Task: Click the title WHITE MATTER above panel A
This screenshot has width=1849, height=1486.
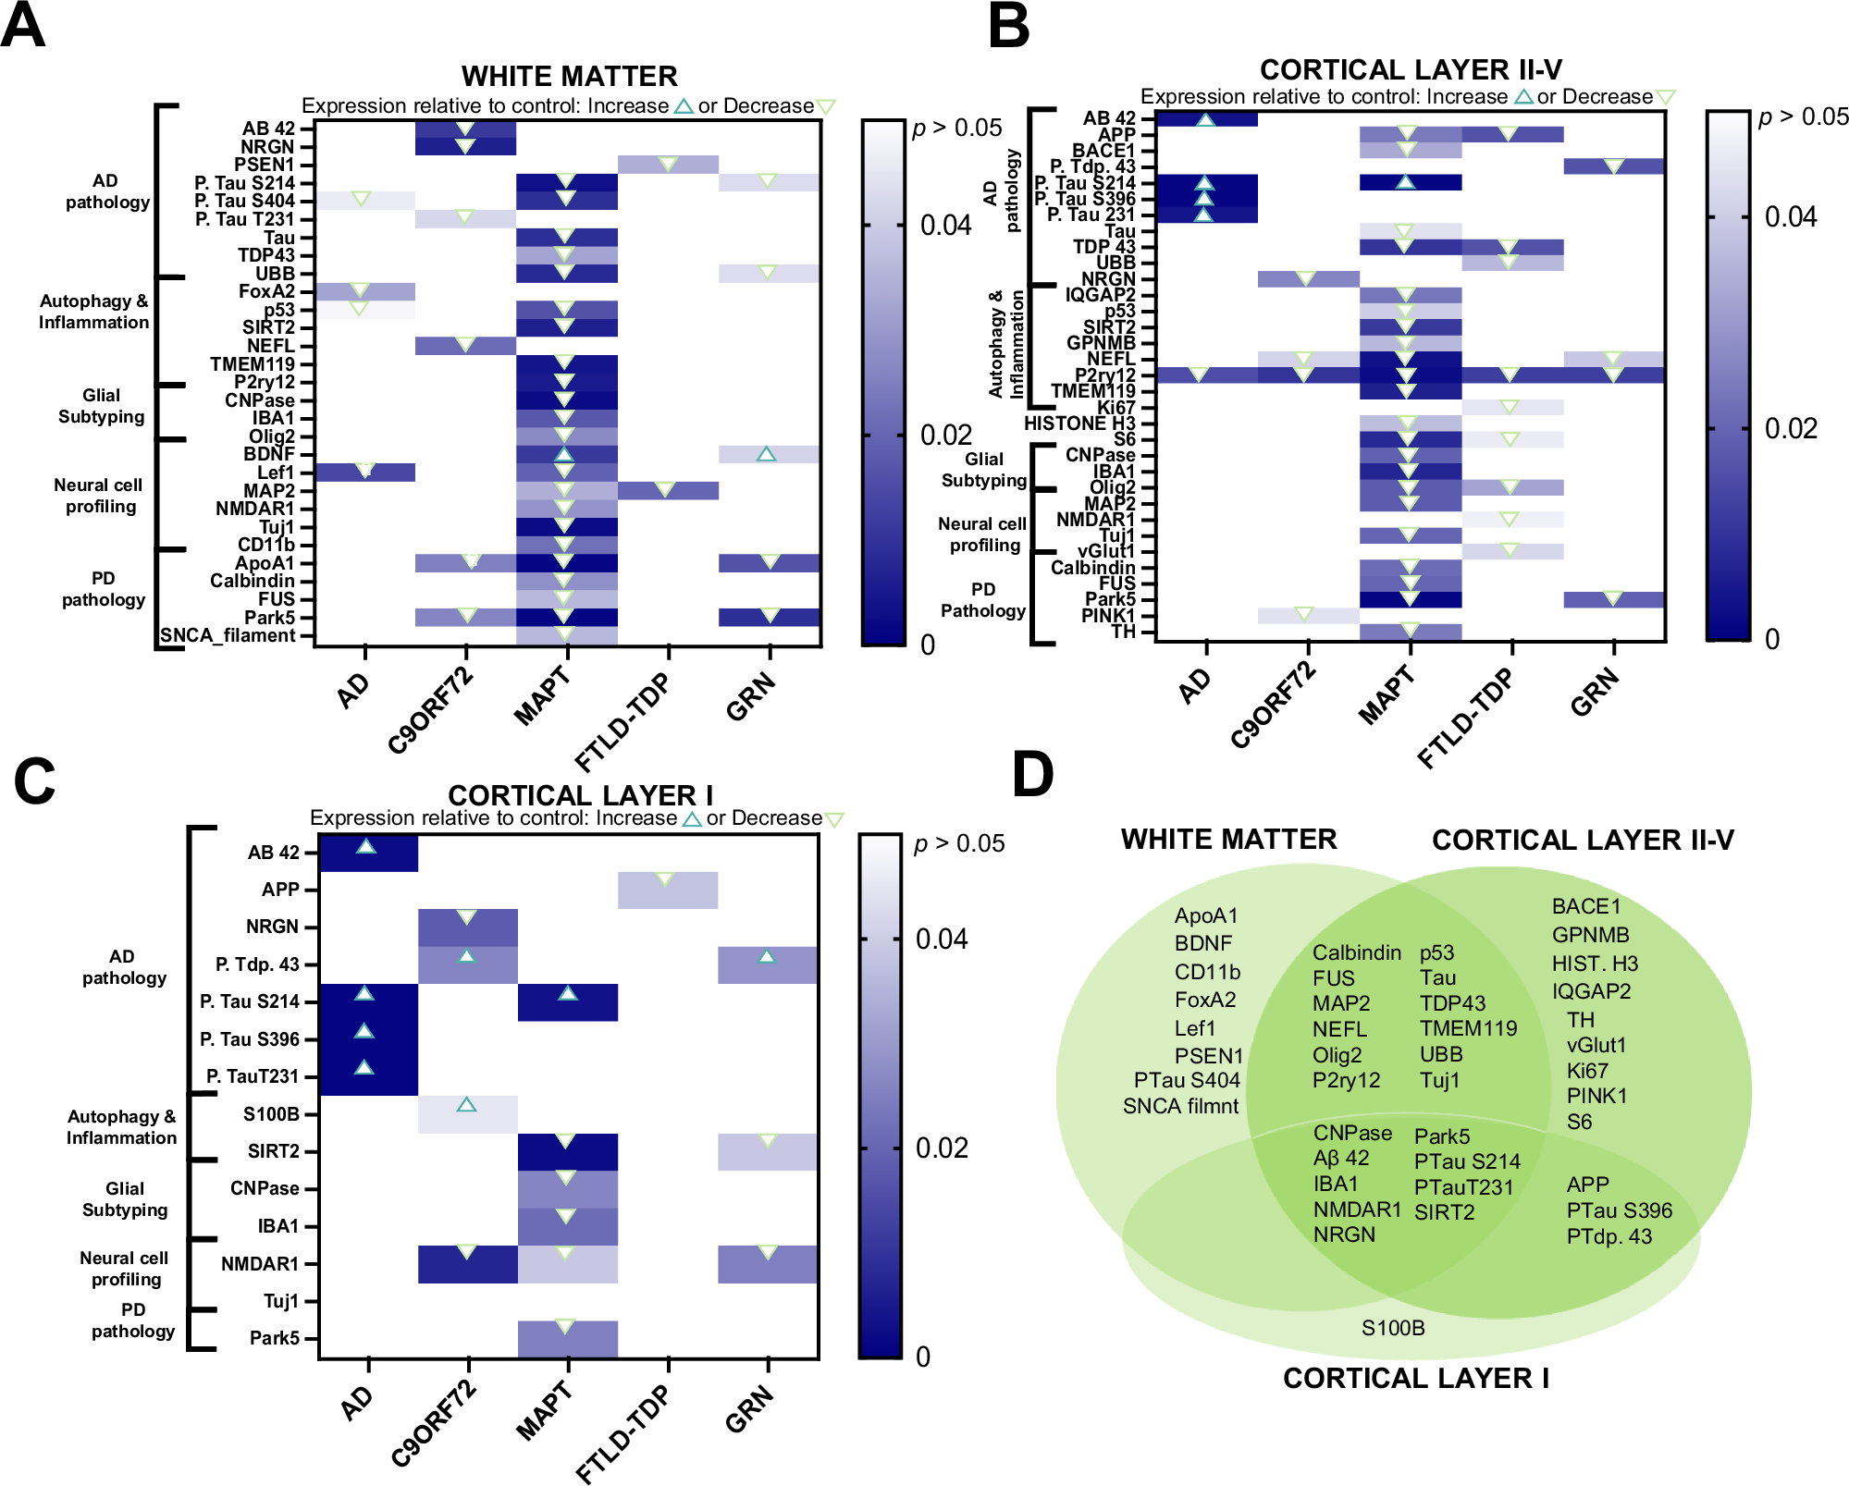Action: (x=569, y=76)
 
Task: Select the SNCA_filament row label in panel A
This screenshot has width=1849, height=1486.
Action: (x=228, y=635)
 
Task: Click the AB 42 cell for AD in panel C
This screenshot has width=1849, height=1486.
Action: (x=368, y=853)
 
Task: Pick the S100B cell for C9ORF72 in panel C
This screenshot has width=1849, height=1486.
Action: (x=467, y=1114)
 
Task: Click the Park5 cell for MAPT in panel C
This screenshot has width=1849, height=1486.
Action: (x=567, y=1338)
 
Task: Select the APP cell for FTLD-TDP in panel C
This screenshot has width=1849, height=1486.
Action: (x=667, y=890)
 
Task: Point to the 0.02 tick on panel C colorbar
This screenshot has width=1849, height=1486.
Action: (x=942, y=1148)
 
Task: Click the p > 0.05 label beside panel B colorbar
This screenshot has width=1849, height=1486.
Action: (x=1803, y=117)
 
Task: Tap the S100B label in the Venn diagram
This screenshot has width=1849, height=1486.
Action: (x=1393, y=1328)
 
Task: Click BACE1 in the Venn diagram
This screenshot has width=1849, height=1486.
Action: (x=1585, y=906)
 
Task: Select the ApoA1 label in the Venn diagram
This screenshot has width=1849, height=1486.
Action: (x=1205, y=915)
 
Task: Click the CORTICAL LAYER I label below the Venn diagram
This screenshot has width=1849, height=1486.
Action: (x=1415, y=1378)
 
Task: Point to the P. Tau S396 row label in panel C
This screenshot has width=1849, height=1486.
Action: (x=250, y=1039)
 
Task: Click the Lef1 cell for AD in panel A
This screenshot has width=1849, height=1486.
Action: (x=365, y=473)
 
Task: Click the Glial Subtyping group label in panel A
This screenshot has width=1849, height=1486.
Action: (x=101, y=406)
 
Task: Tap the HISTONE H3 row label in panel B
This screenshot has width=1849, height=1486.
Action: (x=1079, y=424)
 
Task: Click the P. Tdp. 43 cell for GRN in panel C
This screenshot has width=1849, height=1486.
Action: (x=767, y=964)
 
